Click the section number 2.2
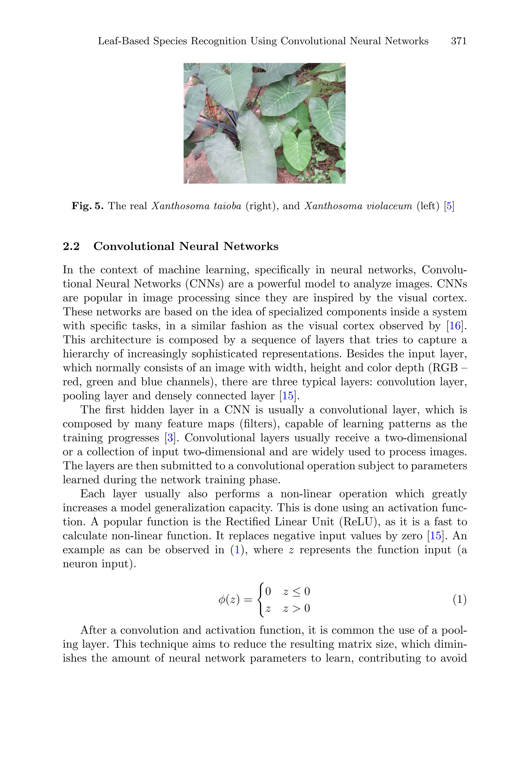point(71,246)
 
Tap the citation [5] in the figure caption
point(449,206)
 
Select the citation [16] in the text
point(455,326)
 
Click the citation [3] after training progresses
point(170,438)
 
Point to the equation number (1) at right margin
point(460,600)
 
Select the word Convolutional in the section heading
point(134,246)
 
